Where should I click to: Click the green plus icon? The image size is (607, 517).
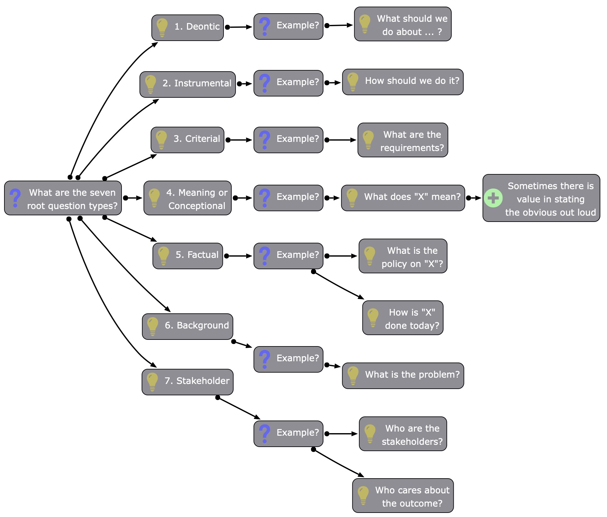tap(493, 198)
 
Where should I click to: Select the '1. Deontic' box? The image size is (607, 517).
tap(188, 28)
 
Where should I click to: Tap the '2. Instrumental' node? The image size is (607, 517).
tap(188, 84)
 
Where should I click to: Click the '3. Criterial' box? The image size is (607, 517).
tap(188, 140)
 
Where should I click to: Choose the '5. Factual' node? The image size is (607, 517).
tap(188, 256)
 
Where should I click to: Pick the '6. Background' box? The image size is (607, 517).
tap(188, 326)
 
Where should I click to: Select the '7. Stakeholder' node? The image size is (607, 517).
tap(188, 382)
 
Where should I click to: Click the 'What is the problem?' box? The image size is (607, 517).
tap(403, 375)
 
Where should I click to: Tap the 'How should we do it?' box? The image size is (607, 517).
tap(403, 82)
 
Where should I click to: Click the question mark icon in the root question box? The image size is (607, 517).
tap(15, 198)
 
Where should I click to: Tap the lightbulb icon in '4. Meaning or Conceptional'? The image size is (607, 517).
tap(154, 198)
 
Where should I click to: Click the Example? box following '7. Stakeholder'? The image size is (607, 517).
tap(288, 433)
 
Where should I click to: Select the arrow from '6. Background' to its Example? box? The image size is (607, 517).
tap(242, 344)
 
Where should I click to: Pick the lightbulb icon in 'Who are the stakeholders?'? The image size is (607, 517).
tap(370, 433)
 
